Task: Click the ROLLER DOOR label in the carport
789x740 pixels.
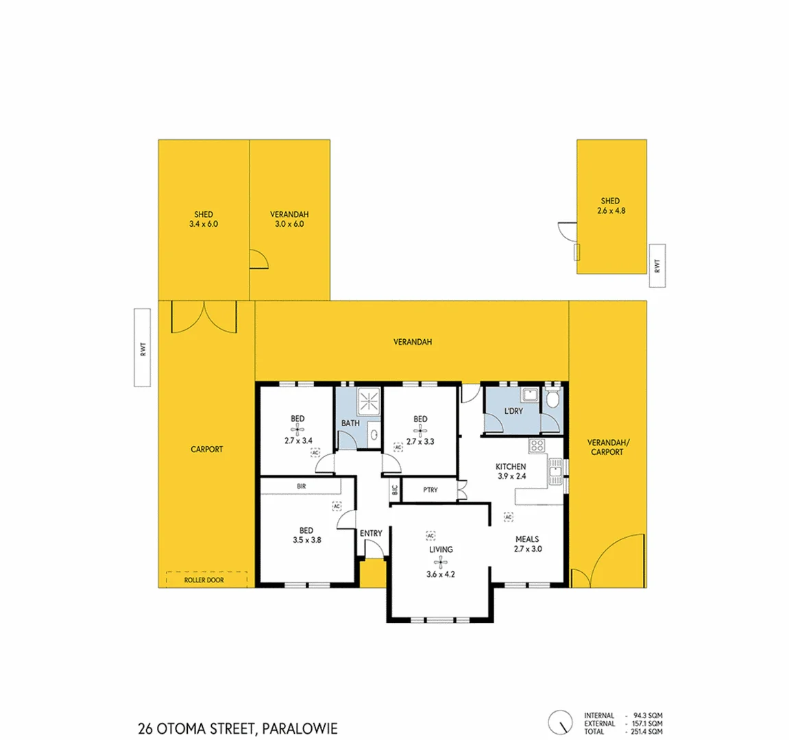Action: [204, 580]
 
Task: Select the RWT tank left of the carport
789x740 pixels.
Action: [142, 347]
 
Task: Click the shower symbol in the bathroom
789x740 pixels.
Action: [369, 400]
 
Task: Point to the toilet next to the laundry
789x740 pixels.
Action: [553, 399]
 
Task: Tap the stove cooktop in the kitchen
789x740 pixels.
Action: [537, 446]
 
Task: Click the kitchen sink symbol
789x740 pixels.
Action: [555, 472]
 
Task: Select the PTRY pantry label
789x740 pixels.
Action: [430, 490]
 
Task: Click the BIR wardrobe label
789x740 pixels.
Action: [301, 486]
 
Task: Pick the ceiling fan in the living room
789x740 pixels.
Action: [441, 563]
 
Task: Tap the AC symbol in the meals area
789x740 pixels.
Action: [509, 517]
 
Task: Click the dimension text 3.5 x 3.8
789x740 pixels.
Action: [306, 540]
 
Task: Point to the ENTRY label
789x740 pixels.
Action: [371, 533]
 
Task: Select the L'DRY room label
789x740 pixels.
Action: [513, 411]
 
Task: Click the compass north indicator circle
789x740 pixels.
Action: [560, 722]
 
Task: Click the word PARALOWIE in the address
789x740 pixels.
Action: [300, 729]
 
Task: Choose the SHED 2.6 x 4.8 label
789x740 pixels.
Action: [610, 206]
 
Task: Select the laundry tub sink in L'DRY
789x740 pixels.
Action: [529, 395]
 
